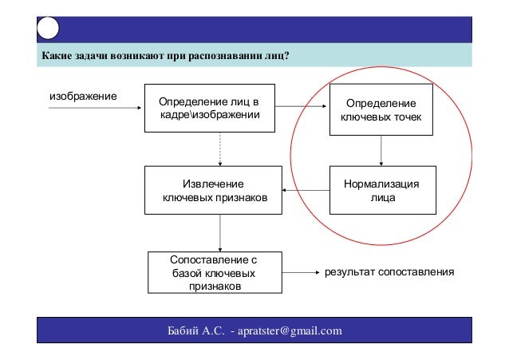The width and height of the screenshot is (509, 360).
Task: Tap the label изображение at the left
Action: pos(83,96)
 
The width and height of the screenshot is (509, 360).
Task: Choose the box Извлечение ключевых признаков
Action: pos(214,190)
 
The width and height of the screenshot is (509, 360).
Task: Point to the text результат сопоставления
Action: pos(389,272)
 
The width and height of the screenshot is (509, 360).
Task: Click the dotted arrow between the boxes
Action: pos(220,149)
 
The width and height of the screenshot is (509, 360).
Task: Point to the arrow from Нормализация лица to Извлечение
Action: pos(307,190)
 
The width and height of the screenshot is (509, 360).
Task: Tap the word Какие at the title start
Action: pos(56,57)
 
